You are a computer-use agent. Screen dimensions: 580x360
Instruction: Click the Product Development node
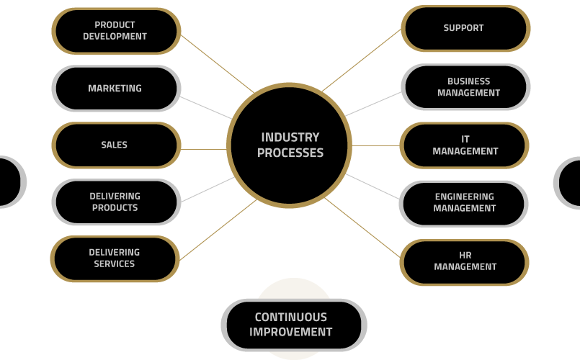click(x=116, y=31)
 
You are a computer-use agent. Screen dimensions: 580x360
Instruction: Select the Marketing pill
click(x=116, y=88)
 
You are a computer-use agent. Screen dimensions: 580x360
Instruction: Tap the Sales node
click(x=116, y=145)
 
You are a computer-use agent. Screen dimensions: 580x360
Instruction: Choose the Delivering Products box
click(x=116, y=202)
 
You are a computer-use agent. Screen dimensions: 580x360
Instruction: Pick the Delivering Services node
click(x=115, y=258)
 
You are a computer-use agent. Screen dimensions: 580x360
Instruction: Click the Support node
click(x=465, y=28)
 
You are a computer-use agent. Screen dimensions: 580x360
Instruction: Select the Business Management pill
click(x=465, y=87)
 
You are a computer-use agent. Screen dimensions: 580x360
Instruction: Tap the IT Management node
click(x=464, y=145)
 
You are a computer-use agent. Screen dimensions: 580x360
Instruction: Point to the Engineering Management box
click(x=463, y=204)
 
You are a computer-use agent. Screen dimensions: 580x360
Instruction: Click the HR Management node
click(x=464, y=262)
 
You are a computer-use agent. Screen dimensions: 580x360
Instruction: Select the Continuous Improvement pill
click(x=294, y=325)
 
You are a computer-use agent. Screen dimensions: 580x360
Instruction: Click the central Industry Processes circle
click(x=289, y=145)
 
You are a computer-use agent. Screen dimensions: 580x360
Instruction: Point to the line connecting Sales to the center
click(x=204, y=149)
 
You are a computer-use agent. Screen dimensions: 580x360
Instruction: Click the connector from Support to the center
click(x=362, y=60)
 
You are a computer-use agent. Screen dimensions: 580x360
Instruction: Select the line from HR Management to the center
click(x=362, y=228)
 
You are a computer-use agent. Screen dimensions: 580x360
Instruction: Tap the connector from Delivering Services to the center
click(x=218, y=230)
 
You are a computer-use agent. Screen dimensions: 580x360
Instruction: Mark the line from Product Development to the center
click(x=218, y=63)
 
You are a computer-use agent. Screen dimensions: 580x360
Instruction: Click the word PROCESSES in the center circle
click(x=290, y=153)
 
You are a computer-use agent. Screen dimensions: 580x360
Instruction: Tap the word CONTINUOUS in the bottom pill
click(x=291, y=317)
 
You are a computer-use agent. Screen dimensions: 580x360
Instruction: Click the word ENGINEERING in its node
click(x=465, y=197)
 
